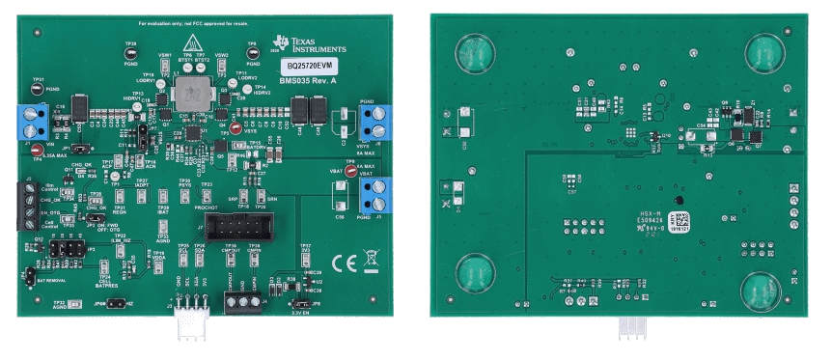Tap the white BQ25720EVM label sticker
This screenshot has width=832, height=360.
click(306, 65)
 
